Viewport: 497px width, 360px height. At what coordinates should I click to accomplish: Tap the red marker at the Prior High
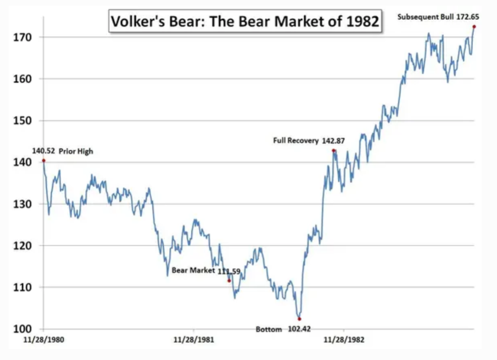tap(44, 161)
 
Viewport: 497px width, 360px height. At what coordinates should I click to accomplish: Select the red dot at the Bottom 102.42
tap(299, 319)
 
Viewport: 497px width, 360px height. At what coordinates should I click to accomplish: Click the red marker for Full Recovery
tap(334, 150)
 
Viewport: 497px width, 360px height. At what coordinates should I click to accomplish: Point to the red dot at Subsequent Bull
tap(474, 27)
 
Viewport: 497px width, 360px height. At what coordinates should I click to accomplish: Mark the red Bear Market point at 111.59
tap(229, 280)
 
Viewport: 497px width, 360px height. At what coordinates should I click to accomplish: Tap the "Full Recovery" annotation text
tap(296, 141)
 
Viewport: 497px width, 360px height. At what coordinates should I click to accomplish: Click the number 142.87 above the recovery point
tap(334, 141)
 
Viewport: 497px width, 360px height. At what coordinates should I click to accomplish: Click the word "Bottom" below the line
tap(269, 329)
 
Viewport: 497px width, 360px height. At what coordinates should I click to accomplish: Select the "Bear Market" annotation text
tap(193, 270)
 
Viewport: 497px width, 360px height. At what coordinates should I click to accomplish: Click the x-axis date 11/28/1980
tap(43, 339)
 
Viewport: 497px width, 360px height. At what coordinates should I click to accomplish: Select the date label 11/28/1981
tap(193, 339)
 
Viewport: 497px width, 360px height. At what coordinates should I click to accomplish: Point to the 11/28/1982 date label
tap(343, 339)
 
